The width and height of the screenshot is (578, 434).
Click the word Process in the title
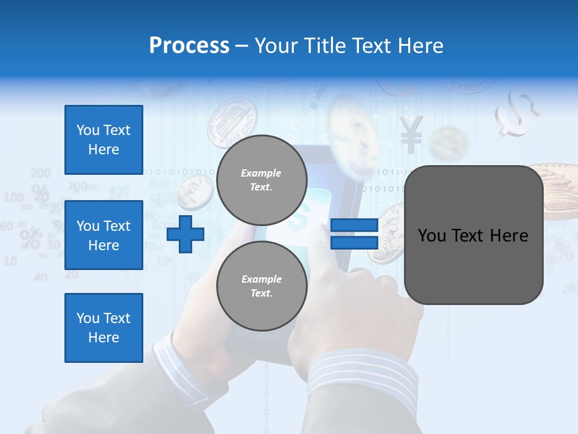click(189, 46)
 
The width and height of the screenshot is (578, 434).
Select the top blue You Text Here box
click(104, 140)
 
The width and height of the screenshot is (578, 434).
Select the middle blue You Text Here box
click(104, 235)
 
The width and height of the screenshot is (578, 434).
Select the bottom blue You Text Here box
click(104, 327)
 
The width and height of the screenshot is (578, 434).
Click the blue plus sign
click(185, 234)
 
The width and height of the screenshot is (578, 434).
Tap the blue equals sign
click(354, 234)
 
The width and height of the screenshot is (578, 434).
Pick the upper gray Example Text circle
click(261, 180)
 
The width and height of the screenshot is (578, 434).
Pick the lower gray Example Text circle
click(261, 286)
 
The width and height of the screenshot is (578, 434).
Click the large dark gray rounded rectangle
click(473, 235)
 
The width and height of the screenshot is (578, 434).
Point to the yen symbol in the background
click(411, 134)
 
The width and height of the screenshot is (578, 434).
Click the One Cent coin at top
click(232, 123)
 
